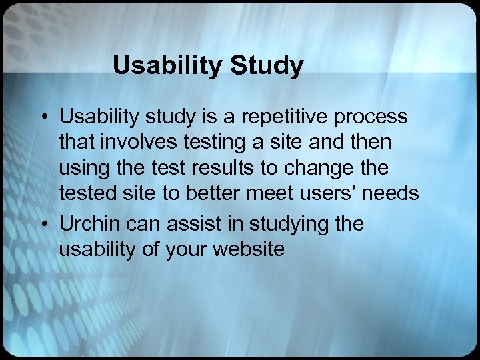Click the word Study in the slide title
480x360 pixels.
tap(267, 65)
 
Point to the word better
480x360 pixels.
tap(216, 193)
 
